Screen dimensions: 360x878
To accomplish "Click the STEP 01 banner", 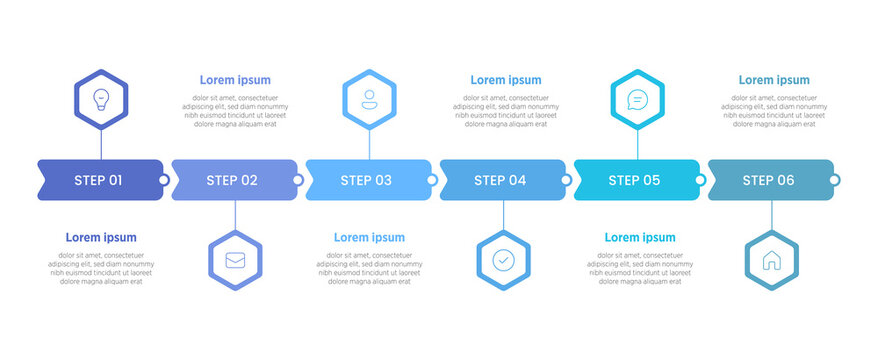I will [x=100, y=180].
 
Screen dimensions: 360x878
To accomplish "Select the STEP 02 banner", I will [x=234, y=180].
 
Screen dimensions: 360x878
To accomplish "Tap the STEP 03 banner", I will [x=368, y=180].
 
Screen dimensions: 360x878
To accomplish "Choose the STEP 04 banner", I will [x=502, y=180].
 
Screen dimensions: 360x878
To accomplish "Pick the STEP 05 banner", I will [x=636, y=180].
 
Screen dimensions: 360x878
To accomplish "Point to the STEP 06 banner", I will [x=770, y=180].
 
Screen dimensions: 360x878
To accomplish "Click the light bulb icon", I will [x=101, y=99].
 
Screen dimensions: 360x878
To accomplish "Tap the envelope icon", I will [x=235, y=261].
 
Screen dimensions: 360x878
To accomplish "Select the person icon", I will [x=369, y=99].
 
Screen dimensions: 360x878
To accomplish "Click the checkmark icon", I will [x=503, y=261].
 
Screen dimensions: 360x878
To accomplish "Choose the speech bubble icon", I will [x=637, y=99].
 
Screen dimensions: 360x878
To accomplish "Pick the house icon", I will [x=771, y=261].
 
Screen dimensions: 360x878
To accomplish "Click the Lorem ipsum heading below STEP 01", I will [x=101, y=238].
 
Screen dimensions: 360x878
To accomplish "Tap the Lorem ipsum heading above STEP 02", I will [x=235, y=80].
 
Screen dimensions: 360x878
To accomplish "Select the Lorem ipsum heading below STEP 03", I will [x=369, y=238].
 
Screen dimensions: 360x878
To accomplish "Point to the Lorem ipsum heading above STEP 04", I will [x=506, y=80].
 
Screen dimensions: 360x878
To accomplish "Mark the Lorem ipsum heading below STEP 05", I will [x=640, y=238].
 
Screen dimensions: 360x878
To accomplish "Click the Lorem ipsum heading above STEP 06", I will [x=774, y=80].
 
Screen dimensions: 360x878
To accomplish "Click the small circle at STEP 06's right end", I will [x=835, y=180].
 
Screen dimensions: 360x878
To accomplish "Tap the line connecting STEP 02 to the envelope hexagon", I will [x=235, y=216].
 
